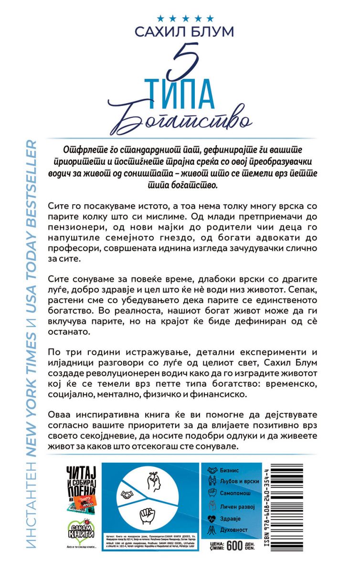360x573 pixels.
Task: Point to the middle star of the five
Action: click(x=184, y=18)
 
